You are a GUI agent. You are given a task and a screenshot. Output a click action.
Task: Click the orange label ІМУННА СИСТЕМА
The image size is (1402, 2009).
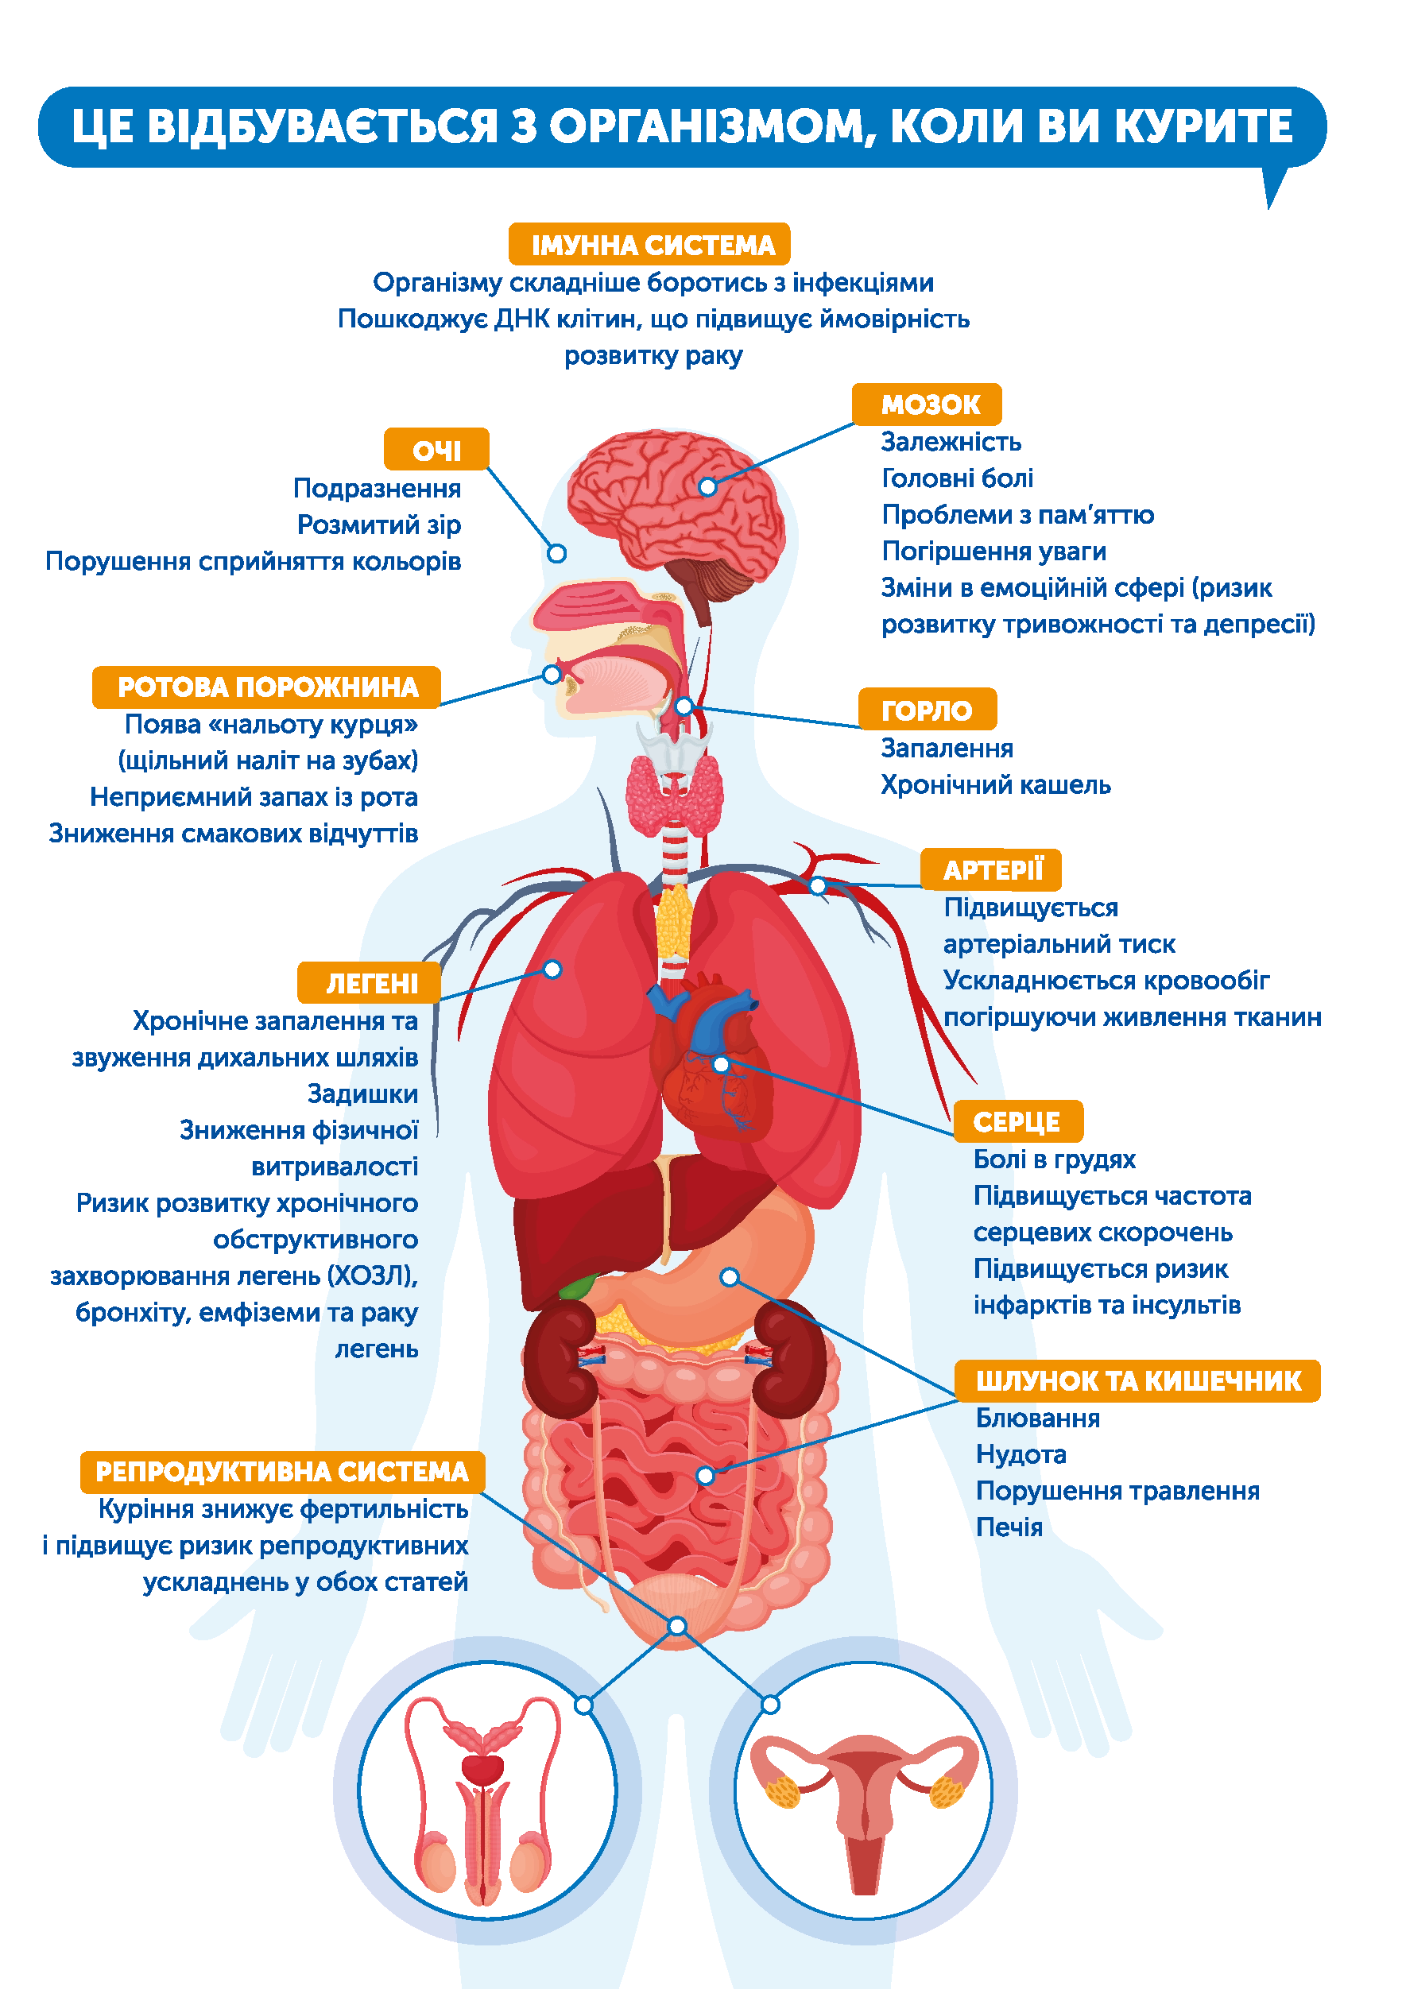tap(649, 244)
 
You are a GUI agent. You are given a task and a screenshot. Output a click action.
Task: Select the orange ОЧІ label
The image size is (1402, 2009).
tap(436, 450)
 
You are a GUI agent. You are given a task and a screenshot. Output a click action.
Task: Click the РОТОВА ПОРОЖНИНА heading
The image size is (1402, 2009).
tap(266, 687)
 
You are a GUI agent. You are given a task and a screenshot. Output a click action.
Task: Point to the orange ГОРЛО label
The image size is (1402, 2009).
tap(926, 710)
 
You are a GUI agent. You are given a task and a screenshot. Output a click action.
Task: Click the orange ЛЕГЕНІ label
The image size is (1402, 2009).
tap(370, 982)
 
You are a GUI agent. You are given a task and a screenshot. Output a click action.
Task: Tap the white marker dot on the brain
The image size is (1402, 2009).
tap(707, 486)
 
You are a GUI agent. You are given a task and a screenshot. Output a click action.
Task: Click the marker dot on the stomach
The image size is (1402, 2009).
tap(728, 1276)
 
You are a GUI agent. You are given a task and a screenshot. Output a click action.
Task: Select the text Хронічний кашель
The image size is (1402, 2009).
tap(994, 785)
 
